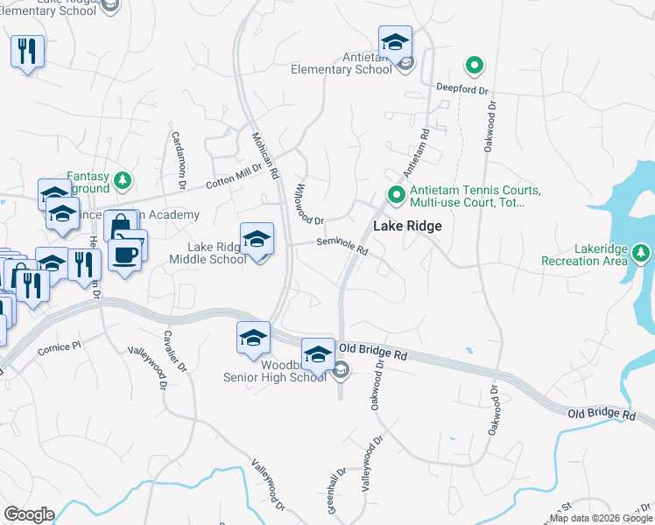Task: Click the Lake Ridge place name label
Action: tap(407, 226)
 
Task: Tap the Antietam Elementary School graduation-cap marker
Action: tap(395, 42)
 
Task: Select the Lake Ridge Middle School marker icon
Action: tap(257, 239)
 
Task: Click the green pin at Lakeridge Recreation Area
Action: tap(642, 254)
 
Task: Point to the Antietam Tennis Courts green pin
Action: tap(396, 195)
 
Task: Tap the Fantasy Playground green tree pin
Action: tap(123, 180)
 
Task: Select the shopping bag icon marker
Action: tap(118, 227)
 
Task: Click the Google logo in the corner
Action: tap(28, 514)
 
